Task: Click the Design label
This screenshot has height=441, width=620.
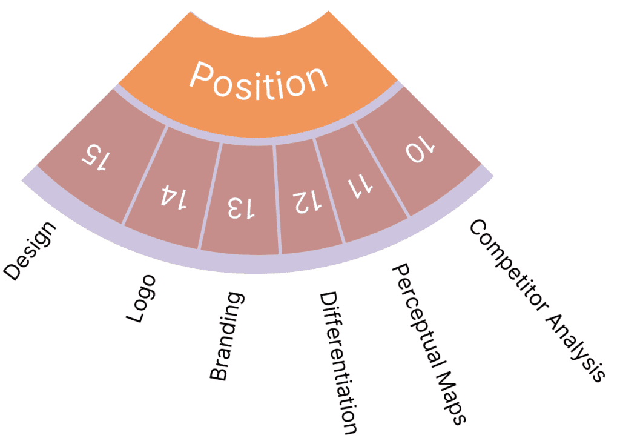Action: (30, 251)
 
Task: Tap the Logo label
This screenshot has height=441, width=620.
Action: (141, 298)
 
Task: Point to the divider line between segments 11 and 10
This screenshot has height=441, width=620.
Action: (382, 169)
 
